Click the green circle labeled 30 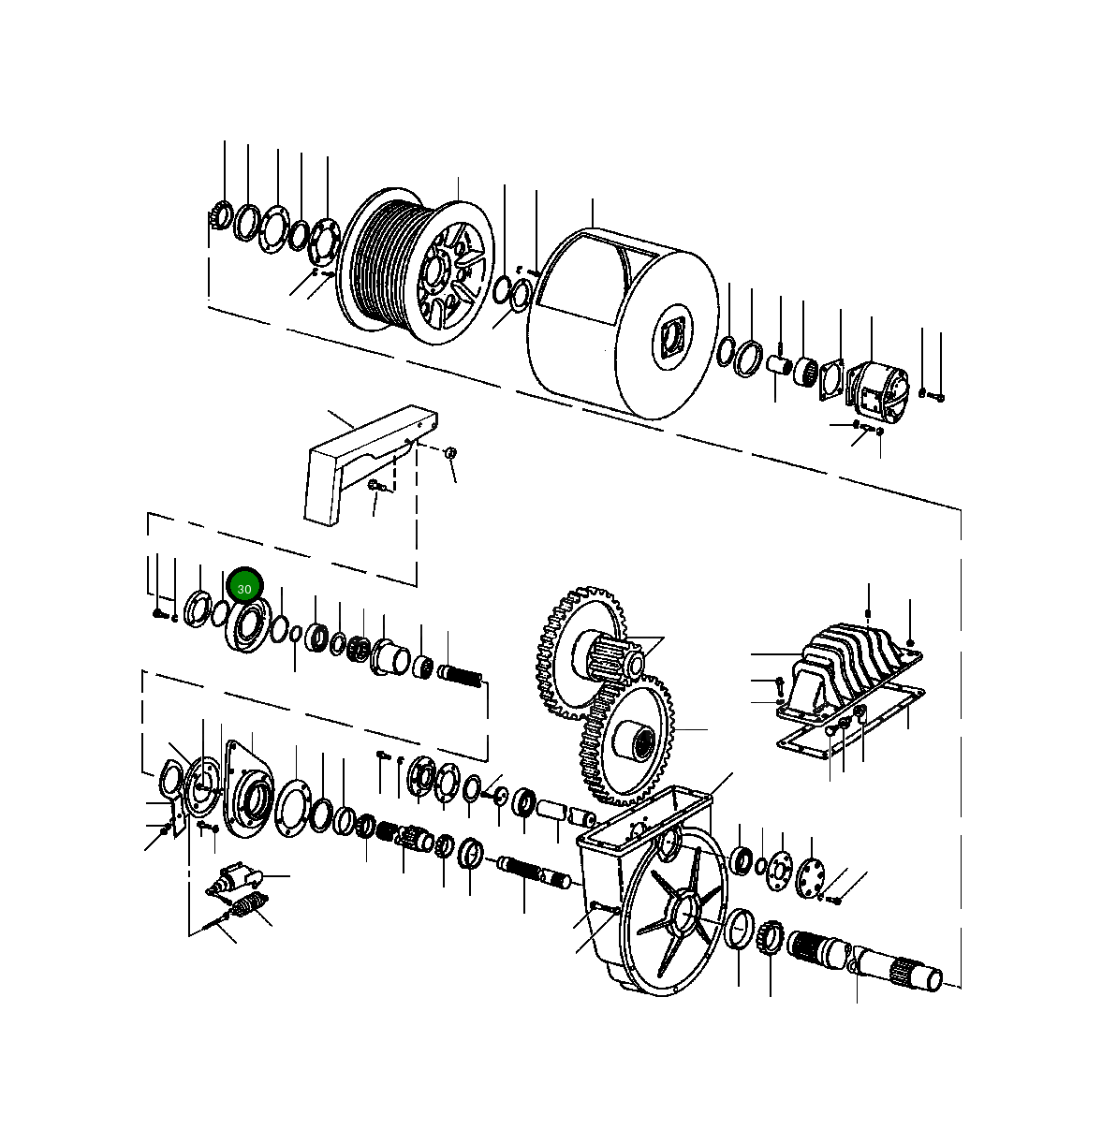point(244,588)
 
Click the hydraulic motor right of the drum point(877,389)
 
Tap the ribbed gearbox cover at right point(843,669)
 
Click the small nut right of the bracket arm point(449,453)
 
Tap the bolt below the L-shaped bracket point(375,486)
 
